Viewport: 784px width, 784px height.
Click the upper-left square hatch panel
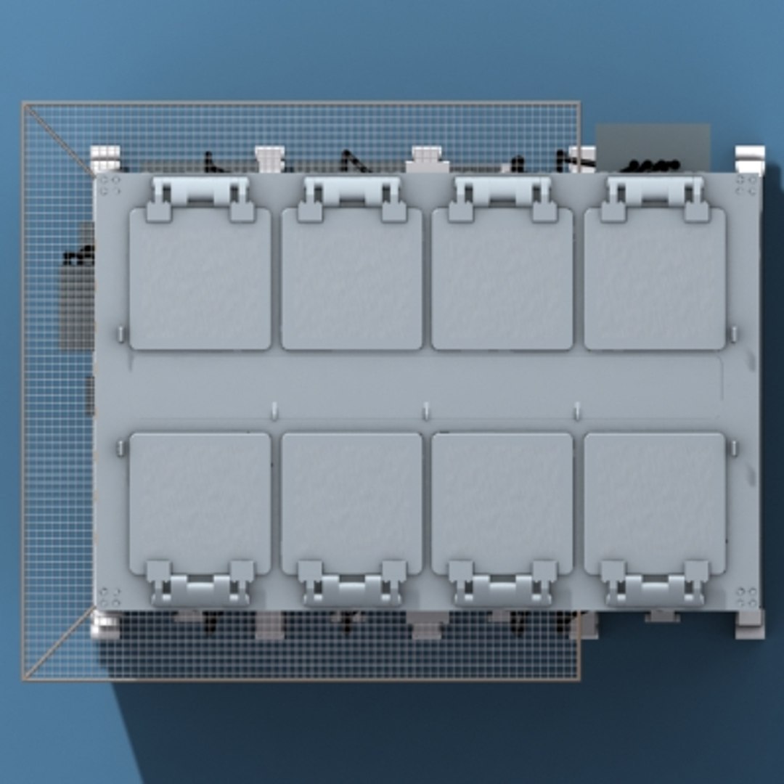click(x=200, y=279)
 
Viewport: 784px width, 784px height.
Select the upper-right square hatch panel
click(x=654, y=279)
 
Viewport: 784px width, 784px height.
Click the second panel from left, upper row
click(x=351, y=279)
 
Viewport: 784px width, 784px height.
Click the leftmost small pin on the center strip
click(x=274, y=411)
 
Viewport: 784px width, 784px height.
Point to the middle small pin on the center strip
click(x=425, y=411)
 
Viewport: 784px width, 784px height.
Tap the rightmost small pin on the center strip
click(x=577, y=411)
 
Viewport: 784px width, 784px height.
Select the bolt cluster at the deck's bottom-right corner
click(x=746, y=597)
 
